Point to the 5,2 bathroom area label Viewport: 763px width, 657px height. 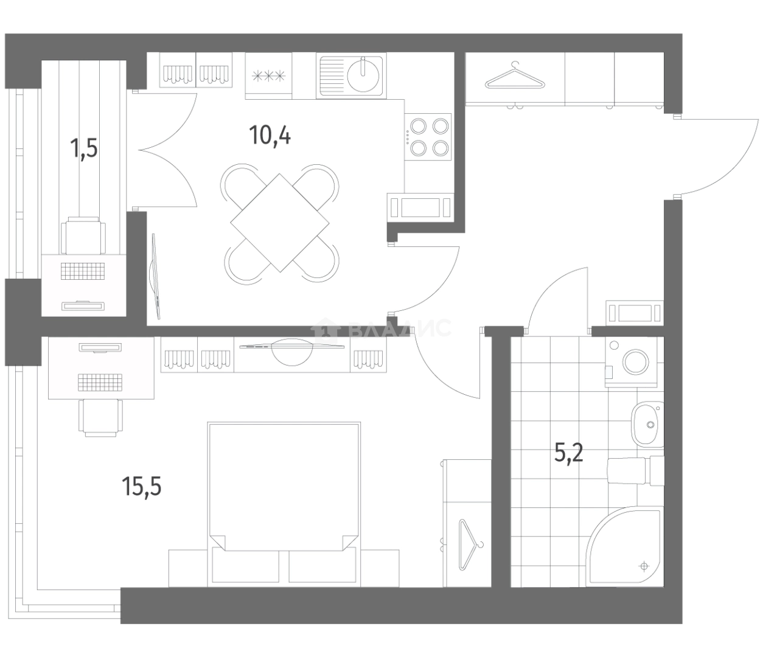pos(569,453)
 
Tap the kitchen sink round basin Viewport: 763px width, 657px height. pos(363,75)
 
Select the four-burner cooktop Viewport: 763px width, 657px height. pos(428,137)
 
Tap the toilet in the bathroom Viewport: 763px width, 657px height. pos(635,471)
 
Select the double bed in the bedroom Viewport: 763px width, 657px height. pos(284,504)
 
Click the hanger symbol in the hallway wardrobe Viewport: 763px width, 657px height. pos(516,77)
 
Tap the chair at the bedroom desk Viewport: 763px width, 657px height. pos(100,418)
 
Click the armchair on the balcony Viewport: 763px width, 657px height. pos(83,235)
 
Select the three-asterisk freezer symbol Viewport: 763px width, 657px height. pos(268,76)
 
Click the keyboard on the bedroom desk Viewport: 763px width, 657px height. pos(100,383)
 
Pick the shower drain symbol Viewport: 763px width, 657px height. pos(644,566)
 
